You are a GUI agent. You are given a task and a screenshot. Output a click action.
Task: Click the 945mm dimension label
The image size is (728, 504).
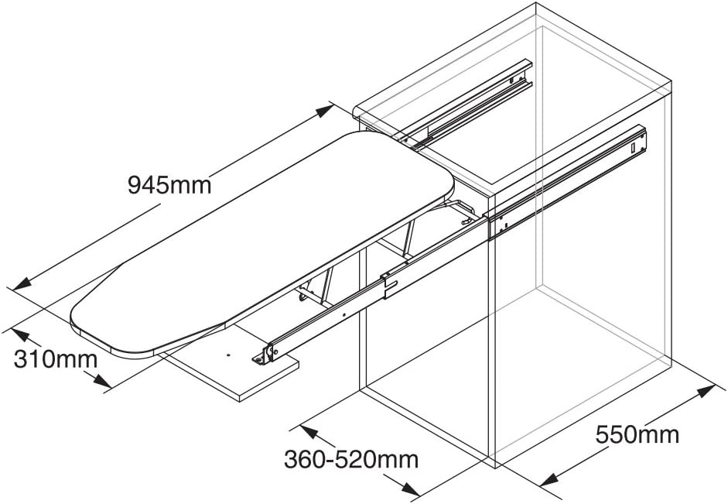[x=169, y=185]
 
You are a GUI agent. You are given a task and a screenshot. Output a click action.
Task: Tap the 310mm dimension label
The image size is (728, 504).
[x=56, y=358]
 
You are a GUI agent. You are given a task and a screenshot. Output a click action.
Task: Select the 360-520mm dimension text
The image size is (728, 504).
[x=351, y=459]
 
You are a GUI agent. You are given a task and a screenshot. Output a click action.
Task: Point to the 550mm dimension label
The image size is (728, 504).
[x=637, y=435]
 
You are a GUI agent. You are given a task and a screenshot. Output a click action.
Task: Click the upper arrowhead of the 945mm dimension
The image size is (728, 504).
[x=325, y=111]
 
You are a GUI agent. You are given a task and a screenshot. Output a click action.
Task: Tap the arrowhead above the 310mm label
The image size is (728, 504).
[x=21, y=335]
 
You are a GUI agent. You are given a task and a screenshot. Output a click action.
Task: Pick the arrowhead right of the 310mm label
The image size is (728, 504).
[x=101, y=381]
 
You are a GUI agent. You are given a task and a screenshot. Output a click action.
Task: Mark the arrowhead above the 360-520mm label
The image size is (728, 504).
[x=309, y=433]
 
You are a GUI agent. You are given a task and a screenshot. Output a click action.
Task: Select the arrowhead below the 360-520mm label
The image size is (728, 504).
[x=411, y=489]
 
